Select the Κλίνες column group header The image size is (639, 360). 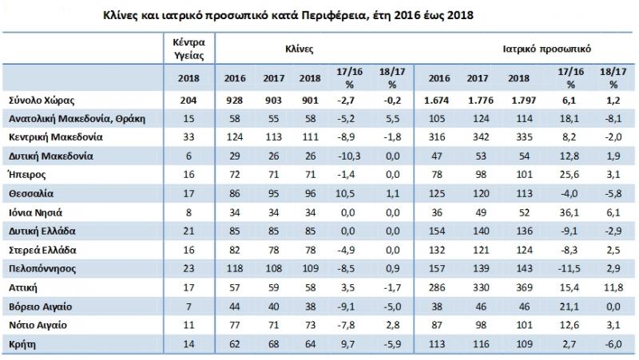tap(299, 49)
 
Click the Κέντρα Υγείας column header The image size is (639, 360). tap(189, 49)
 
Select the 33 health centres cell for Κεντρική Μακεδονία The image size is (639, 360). tap(189, 137)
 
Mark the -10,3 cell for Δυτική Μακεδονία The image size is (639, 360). tap(344, 156)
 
